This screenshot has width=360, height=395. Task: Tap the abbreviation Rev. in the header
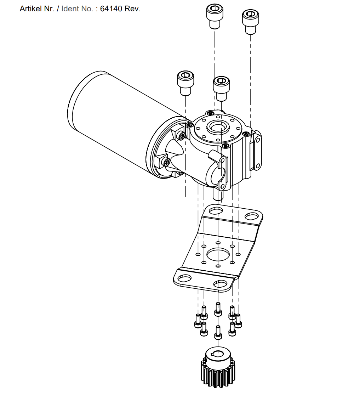(132, 9)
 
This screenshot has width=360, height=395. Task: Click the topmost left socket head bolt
(215, 16)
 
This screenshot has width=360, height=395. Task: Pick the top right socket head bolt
(251, 22)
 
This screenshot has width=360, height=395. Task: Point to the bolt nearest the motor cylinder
(185, 83)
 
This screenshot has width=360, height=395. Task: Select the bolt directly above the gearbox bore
(221, 89)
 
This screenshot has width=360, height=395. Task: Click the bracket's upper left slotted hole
(216, 210)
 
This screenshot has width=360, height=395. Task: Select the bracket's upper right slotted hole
(252, 216)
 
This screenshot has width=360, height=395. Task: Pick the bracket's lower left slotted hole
(184, 278)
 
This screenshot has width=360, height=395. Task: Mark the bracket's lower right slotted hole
(221, 284)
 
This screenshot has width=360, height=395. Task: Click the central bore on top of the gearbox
(217, 127)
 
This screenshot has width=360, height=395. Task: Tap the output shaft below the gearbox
(218, 194)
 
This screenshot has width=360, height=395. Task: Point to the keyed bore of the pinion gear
(218, 353)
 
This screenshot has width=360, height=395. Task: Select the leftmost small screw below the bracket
(198, 321)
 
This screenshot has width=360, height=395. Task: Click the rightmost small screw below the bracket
(238, 321)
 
